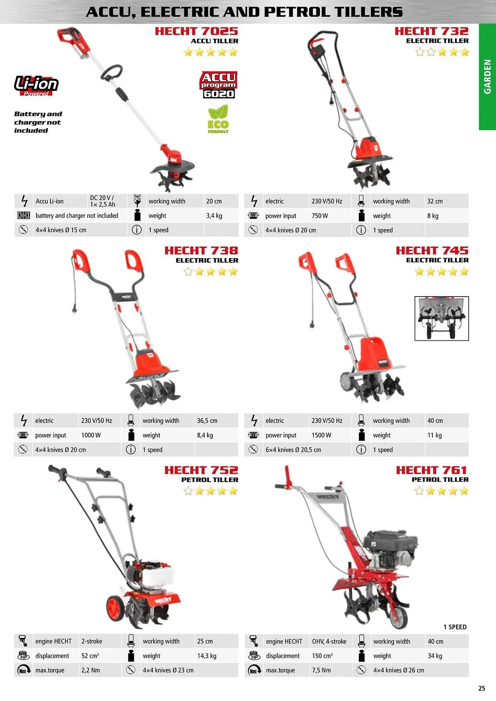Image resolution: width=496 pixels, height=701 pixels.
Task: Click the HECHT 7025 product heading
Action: (196, 31)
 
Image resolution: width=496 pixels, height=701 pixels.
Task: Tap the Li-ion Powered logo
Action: (36, 86)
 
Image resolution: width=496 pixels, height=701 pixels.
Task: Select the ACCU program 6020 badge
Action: (219, 85)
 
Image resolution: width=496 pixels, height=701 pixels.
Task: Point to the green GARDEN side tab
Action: (487, 77)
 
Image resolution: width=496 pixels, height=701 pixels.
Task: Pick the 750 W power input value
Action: (320, 216)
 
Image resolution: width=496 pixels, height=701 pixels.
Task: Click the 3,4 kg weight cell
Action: (214, 216)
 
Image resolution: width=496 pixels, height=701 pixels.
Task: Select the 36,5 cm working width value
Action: (207, 421)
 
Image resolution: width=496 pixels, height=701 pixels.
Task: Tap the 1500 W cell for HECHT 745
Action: (321, 435)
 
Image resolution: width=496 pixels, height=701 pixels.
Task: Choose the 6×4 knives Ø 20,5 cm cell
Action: (293, 450)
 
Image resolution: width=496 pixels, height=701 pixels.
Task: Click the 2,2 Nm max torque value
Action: (91, 670)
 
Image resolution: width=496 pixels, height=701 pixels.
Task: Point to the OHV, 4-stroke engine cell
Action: (329, 641)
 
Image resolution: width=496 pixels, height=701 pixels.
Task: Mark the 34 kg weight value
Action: (435, 656)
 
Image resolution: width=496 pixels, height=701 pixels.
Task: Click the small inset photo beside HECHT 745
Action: (442, 318)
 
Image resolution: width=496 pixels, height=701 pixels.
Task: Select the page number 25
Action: (482, 688)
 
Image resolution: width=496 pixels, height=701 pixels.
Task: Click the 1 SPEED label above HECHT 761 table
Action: (455, 627)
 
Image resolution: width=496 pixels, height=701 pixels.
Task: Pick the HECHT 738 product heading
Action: (201, 251)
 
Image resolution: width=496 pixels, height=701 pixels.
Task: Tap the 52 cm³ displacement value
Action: (90, 655)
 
